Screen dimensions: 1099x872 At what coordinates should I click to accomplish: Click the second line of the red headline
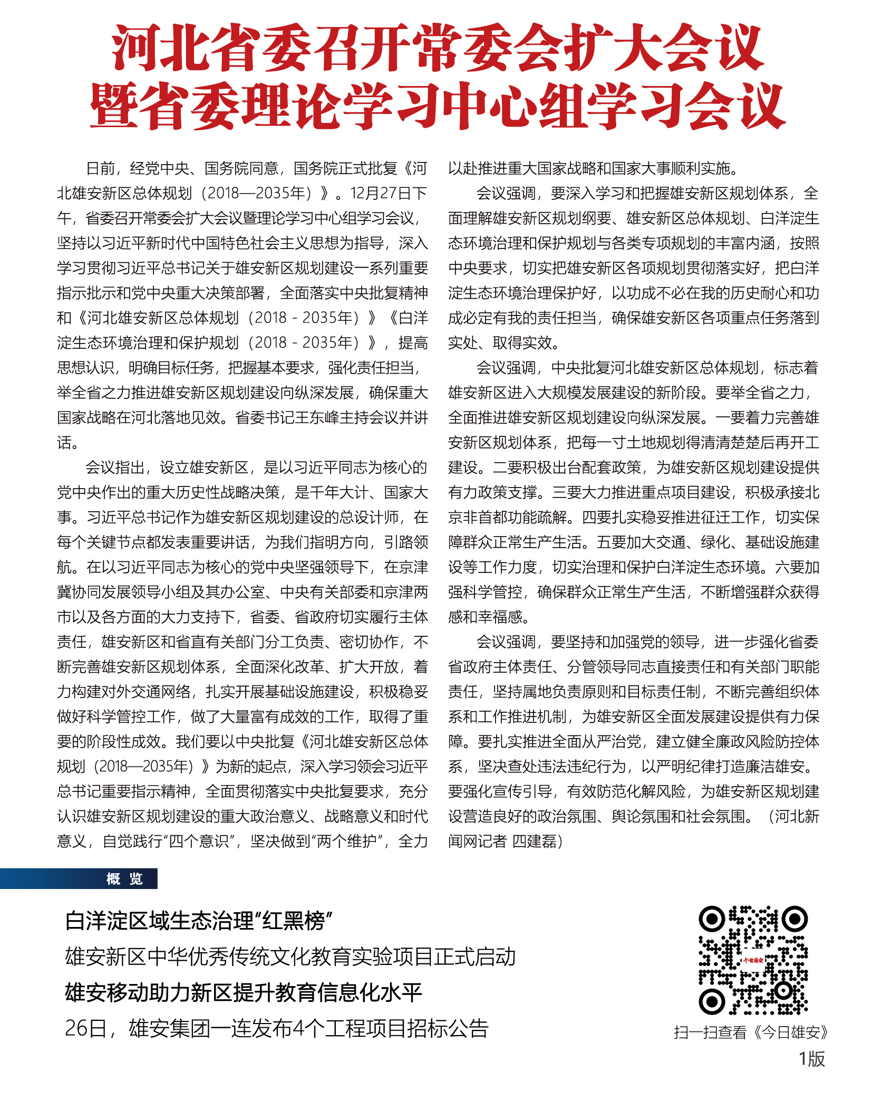438,106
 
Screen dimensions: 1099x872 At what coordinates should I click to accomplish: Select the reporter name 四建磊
534,841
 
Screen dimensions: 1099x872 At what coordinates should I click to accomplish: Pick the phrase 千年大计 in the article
339,493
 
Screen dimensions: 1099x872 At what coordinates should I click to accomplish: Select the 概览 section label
124,879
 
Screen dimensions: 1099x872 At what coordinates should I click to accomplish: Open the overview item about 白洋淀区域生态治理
198,922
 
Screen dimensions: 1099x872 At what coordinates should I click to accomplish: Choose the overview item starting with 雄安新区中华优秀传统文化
290,957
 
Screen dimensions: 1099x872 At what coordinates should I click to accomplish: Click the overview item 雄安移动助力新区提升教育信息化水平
244,992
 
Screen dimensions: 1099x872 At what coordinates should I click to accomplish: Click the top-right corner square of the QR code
795,920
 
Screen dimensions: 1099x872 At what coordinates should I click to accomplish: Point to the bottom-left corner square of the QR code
712,1001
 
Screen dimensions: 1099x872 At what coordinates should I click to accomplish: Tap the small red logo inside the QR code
753,960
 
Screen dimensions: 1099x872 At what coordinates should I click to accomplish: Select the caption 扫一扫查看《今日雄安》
751,1032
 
